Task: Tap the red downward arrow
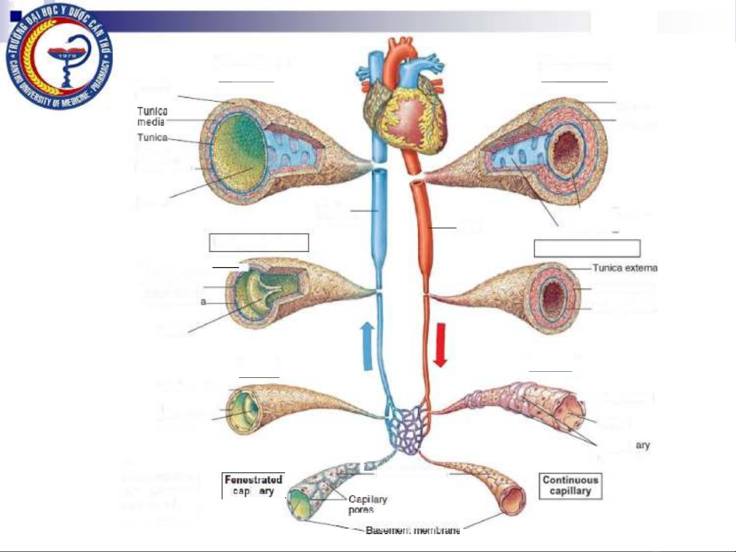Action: pyautogui.click(x=440, y=345)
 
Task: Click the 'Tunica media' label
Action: pyautogui.click(x=152, y=116)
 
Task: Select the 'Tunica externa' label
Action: pyautogui.click(x=625, y=268)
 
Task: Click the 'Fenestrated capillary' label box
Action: pyautogui.click(x=253, y=485)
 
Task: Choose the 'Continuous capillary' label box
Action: pyautogui.click(x=571, y=486)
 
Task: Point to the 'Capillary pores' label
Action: pyautogui.click(x=367, y=504)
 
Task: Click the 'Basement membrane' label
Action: pyautogui.click(x=413, y=531)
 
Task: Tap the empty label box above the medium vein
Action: pyautogui.click(x=259, y=243)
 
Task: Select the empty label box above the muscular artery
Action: pyautogui.click(x=587, y=248)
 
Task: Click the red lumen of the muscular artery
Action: pyautogui.click(x=553, y=296)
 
